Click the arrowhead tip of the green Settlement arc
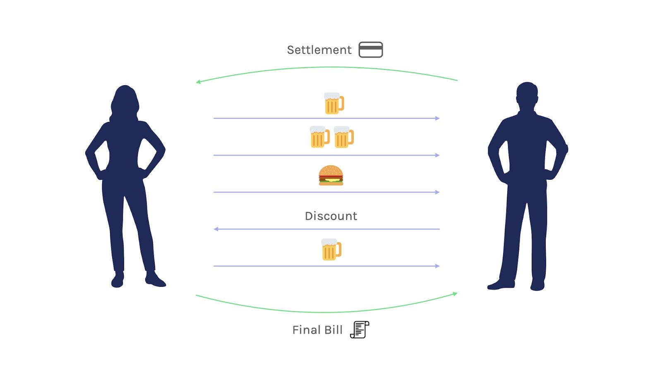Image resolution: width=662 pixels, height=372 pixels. (x=196, y=82)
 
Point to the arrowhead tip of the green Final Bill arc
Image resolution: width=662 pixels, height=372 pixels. (x=458, y=293)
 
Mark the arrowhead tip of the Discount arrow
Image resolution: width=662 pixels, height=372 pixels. (x=214, y=229)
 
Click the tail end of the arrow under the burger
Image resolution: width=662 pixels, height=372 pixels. (x=213, y=192)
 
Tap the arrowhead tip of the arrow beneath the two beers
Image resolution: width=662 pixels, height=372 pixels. (x=440, y=155)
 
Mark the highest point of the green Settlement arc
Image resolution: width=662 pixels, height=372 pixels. (x=331, y=67)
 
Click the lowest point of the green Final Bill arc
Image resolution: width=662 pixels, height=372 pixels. (x=325, y=312)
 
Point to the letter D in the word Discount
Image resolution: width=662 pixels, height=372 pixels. (x=309, y=216)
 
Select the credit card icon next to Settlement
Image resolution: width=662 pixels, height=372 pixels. (x=371, y=50)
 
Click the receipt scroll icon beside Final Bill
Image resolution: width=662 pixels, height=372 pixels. (x=360, y=329)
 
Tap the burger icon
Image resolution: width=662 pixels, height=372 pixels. (x=331, y=175)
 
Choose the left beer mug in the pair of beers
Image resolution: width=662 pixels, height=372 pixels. (x=320, y=137)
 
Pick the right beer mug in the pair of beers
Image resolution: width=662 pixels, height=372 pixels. (x=344, y=137)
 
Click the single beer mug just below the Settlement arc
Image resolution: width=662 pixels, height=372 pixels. (x=334, y=103)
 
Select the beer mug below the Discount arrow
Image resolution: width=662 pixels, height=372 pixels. (x=331, y=250)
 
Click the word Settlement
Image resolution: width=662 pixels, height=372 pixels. (x=319, y=50)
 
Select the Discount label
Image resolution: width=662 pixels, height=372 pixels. (x=331, y=216)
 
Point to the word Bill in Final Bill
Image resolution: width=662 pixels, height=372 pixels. (x=334, y=330)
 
